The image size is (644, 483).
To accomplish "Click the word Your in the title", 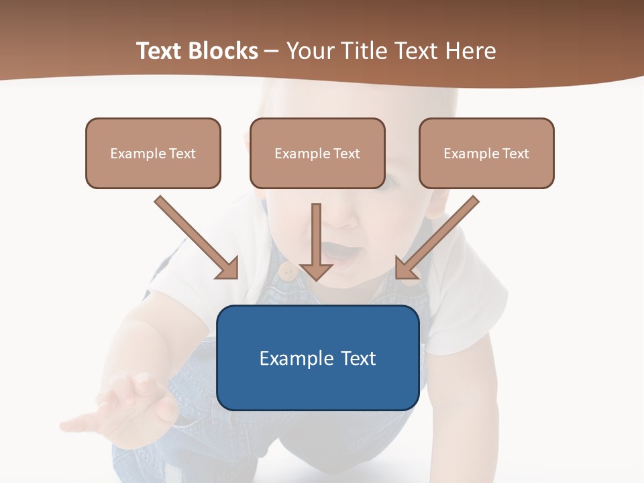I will click(311, 51).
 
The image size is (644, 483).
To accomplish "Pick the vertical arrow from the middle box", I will click(317, 241).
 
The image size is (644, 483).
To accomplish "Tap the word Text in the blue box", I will click(358, 358).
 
